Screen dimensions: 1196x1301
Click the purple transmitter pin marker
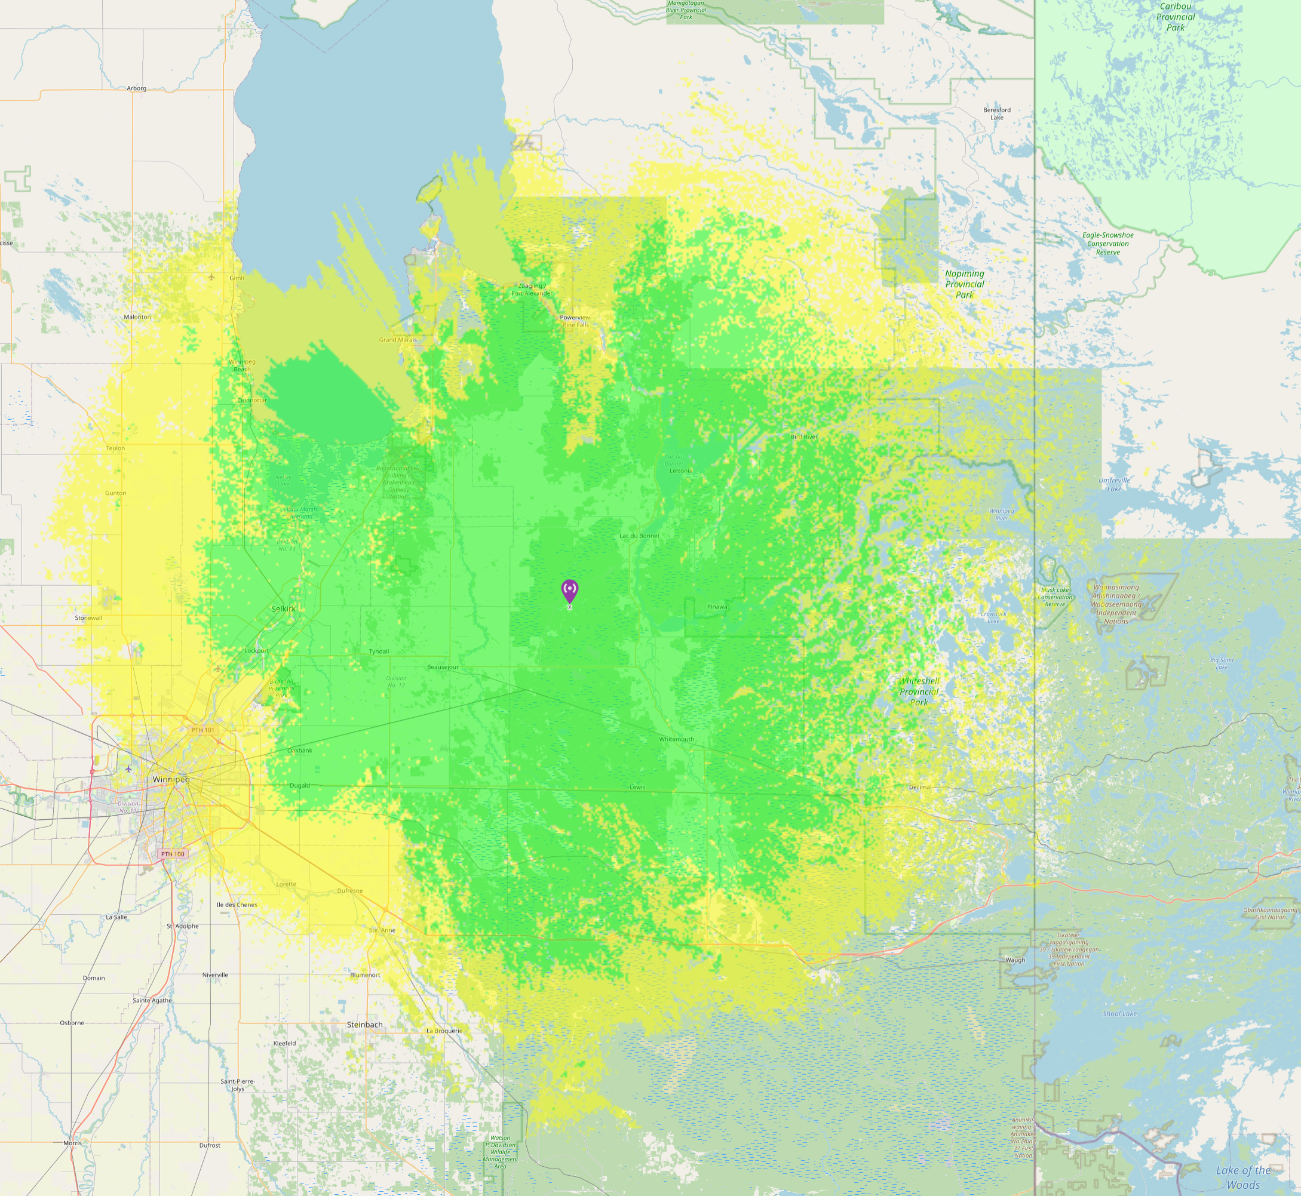(x=569, y=590)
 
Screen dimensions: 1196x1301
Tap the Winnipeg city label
(x=171, y=780)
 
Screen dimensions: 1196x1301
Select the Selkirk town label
(x=284, y=609)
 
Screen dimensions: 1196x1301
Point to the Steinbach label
(x=364, y=1025)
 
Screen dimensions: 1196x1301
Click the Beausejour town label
(x=443, y=667)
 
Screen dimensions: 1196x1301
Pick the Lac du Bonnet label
(x=640, y=536)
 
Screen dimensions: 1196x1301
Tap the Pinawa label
(x=717, y=607)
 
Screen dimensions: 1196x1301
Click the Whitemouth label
(x=676, y=739)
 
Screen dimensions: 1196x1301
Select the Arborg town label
(x=137, y=88)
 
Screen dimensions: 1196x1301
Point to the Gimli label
(x=237, y=278)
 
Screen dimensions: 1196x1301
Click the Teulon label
(x=116, y=448)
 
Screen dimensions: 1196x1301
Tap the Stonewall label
(x=88, y=618)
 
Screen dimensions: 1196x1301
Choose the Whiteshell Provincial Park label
(x=919, y=691)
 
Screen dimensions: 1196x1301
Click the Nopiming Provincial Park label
(x=965, y=284)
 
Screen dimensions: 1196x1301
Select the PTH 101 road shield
(x=202, y=730)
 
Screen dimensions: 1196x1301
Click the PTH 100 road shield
(x=173, y=854)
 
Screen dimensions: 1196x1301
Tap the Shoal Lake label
(x=1120, y=1014)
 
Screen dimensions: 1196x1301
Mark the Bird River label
(x=805, y=437)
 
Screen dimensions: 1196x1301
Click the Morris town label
(x=72, y=1143)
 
